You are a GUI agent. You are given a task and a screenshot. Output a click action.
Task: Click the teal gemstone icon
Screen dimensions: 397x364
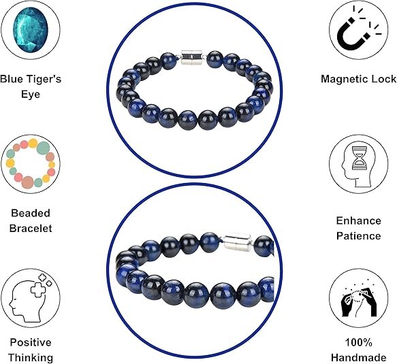pos(30,30)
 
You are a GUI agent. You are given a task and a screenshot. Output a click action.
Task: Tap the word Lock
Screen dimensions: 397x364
pos(383,79)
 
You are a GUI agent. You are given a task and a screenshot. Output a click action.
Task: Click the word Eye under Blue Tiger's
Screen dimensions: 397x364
pos(31,95)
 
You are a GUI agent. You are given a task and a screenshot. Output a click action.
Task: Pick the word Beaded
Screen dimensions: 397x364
pos(31,213)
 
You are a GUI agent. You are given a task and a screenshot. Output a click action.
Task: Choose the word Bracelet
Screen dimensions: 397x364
pos(31,228)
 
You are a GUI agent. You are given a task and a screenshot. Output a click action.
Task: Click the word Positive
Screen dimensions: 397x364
pos(31,342)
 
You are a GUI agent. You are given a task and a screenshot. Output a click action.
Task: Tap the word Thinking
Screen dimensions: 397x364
pos(31,358)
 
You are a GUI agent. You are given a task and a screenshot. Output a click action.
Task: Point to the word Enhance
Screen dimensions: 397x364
pos(358,220)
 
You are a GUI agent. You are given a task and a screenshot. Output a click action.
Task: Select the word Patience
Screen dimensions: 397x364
pos(358,236)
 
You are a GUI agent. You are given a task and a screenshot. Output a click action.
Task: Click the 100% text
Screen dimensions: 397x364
pos(358,342)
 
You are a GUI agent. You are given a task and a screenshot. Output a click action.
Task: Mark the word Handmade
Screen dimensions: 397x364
pos(358,358)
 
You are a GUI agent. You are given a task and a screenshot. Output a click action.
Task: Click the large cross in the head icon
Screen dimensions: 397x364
pos(38,291)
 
